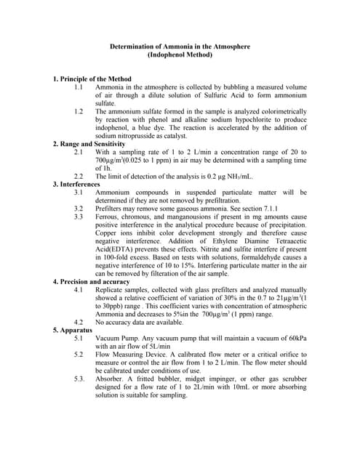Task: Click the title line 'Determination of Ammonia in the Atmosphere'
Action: tap(179, 46)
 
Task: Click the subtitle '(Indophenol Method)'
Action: tap(179, 54)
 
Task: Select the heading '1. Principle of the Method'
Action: tap(92, 78)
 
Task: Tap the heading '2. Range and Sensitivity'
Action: tap(89, 144)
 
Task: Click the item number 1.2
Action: tap(79, 111)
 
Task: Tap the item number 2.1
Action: tap(79, 152)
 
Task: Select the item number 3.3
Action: tap(79, 217)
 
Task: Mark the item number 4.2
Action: tap(79, 321)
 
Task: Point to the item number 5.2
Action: tap(79, 354)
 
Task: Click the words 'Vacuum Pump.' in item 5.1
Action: tap(116, 338)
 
